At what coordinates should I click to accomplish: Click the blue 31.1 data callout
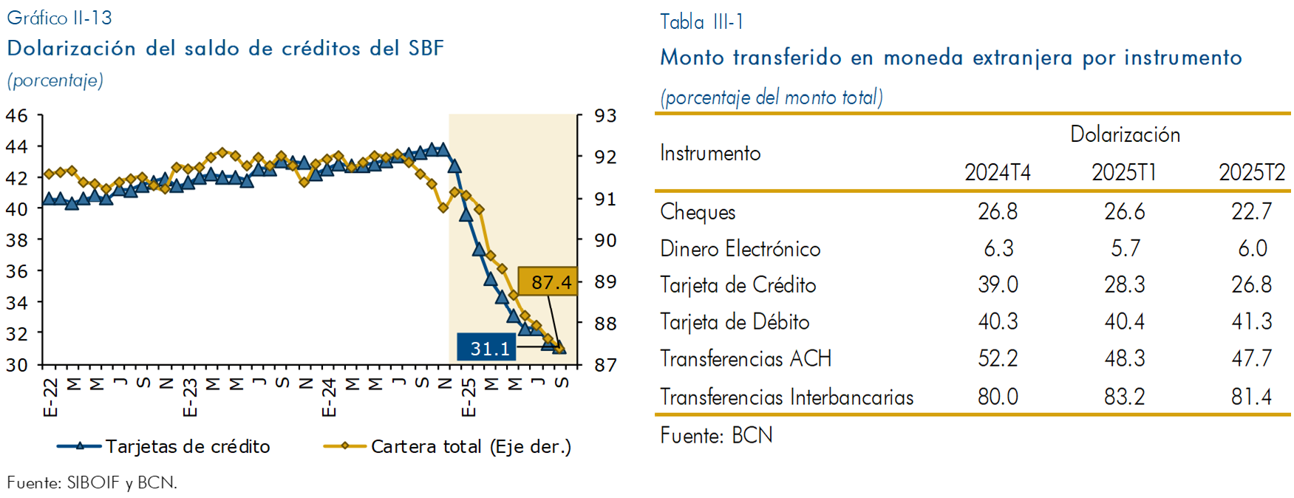point(486,348)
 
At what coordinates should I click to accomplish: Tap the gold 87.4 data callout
point(548,282)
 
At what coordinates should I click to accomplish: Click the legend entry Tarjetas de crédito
point(187,446)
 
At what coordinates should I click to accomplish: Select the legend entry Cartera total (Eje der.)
point(471,446)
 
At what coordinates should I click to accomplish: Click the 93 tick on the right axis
point(605,116)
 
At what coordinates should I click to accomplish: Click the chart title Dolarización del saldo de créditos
point(225,49)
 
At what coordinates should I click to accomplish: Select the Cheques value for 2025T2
point(1251,212)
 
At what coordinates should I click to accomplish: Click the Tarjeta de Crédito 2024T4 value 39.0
point(998,285)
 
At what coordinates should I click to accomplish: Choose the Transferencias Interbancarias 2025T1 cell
point(1124,397)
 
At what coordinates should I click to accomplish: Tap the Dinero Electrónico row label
point(740,249)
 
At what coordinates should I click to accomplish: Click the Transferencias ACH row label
point(745,359)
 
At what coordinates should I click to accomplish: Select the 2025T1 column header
point(1124,173)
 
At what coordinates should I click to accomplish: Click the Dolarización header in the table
point(1125,134)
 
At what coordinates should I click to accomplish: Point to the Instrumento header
point(710,153)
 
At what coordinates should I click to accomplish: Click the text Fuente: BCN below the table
point(716,435)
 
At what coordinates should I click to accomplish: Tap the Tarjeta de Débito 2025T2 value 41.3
point(1251,321)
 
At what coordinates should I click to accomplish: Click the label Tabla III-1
point(701,22)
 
